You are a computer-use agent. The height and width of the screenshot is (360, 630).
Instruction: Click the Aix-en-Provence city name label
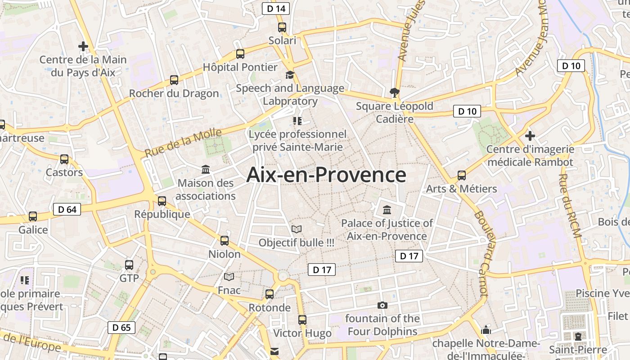pyautogui.click(x=326, y=175)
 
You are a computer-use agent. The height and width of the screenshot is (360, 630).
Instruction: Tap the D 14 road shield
pyautogui.click(x=276, y=8)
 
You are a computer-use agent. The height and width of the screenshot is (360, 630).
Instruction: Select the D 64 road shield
pyautogui.click(x=67, y=209)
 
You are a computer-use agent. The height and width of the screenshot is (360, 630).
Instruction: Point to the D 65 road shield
pyautogui.click(x=121, y=327)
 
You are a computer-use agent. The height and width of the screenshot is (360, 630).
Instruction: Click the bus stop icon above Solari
pyautogui.click(x=282, y=27)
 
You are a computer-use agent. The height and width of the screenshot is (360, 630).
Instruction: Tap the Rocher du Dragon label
pyautogui.click(x=174, y=94)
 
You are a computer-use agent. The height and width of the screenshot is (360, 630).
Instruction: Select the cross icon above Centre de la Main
pyautogui.click(x=83, y=46)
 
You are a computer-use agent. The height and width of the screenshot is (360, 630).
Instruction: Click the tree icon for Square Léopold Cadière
pyautogui.click(x=395, y=93)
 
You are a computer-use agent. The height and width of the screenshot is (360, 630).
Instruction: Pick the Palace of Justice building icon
pyautogui.click(x=387, y=210)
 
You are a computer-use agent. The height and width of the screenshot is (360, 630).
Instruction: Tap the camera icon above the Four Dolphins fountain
pyautogui.click(x=382, y=306)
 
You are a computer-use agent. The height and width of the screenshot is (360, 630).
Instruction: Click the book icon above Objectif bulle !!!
pyautogui.click(x=296, y=229)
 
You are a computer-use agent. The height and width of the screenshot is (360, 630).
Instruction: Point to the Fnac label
pyautogui.click(x=229, y=290)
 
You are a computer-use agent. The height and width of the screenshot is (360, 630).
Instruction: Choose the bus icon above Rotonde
pyautogui.click(x=270, y=294)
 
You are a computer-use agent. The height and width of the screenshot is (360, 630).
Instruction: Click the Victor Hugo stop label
pyautogui.click(x=302, y=333)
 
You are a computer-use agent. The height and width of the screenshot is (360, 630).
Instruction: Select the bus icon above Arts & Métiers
pyautogui.click(x=462, y=175)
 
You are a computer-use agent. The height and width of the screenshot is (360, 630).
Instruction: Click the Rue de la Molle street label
pyautogui.click(x=183, y=143)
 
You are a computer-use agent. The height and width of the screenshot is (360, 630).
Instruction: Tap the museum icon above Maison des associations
pyautogui.click(x=206, y=170)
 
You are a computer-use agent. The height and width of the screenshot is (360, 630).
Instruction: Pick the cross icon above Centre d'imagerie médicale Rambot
pyautogui.click(x=530, y=135)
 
